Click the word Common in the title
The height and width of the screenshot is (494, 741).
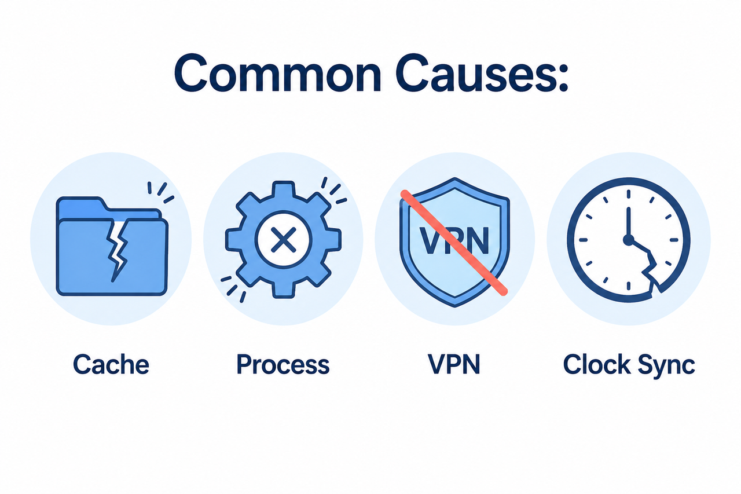pos(277,74)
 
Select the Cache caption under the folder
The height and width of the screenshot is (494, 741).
pos(111,364)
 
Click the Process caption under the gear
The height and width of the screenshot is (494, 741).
pos(283,364)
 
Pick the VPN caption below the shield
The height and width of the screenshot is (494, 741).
pos(454,364)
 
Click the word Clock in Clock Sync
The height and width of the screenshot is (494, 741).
pos(596,364)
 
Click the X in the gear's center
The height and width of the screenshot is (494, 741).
pos(283,240)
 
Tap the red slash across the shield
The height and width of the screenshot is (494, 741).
pos(454,243)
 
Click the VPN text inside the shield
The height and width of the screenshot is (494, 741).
pos(454,240)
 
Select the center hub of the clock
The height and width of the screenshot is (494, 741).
pos(628,240)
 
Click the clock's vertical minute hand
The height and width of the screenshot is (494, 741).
pos(628,222)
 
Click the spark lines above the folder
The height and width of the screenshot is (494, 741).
pos(160,192)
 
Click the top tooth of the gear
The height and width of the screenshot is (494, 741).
pos(283,189)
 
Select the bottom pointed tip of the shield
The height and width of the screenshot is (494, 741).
pos(455,306)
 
